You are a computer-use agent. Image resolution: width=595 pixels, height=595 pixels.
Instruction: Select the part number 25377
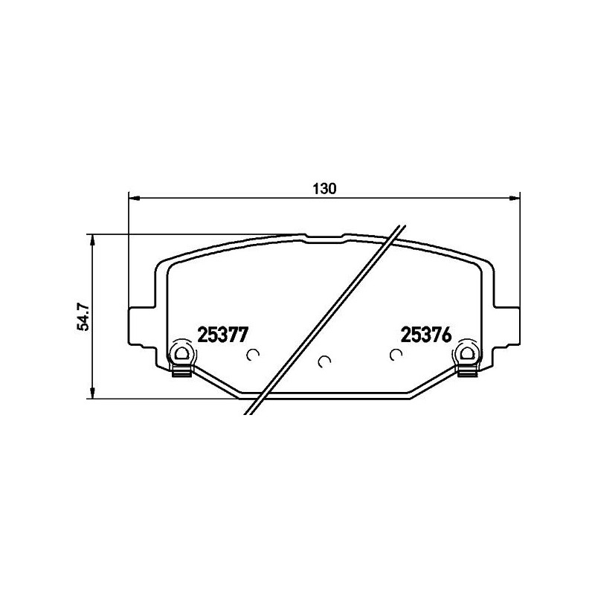pyautogui.click(x=222, y=335)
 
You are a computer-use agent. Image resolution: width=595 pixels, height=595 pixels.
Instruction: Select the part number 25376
pyautogui.click(x=426, y=335)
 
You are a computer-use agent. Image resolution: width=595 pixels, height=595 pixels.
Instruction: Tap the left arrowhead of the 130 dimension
pyautogui.click(x=135, y=198)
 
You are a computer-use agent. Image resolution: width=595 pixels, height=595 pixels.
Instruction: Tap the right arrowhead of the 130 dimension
pyautogui.click(x=514, y=198)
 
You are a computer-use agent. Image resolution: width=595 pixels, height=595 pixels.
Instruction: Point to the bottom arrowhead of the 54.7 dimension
pyautogui.click(x=92, y=393)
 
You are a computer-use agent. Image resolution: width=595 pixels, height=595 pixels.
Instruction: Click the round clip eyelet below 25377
pyautogui.click(x=181, y=352)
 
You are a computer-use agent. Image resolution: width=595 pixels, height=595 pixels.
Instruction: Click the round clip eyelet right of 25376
pyautogui.click(x=466, y=352)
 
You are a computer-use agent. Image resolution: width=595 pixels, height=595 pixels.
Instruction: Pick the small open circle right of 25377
pyautogui.click(x=252, y=355)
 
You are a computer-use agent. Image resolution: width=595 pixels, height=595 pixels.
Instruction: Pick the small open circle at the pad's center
pyautogui.click(x=323, y=361)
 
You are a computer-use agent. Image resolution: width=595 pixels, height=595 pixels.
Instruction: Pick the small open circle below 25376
pyautogui.click(x=395, y=355)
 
